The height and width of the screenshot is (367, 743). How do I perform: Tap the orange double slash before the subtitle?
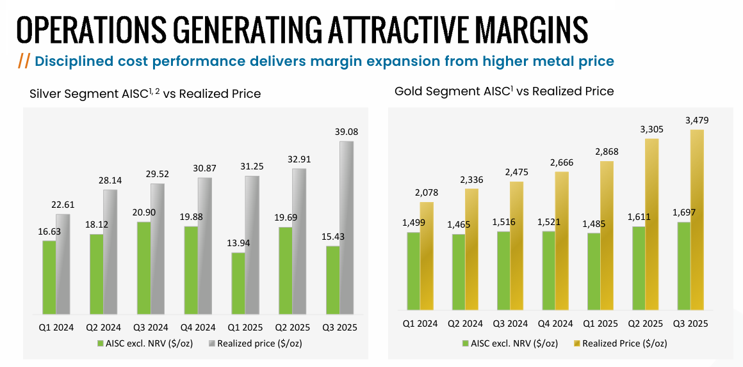click(x=24, y=61)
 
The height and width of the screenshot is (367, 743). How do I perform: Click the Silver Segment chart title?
click(x=145, y=93)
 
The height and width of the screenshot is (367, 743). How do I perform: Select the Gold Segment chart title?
click(x=504, y=91)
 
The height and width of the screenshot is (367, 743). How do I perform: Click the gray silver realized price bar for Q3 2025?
click(x=346, y=228)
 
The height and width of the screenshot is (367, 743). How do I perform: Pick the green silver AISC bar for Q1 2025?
click(x=238, y=283)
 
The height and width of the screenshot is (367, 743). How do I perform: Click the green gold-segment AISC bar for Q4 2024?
click(x=548, y=272)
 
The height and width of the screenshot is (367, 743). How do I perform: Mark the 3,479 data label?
click(x=697, y=120)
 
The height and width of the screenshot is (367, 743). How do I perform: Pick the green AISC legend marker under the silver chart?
click(x=100, y=344)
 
